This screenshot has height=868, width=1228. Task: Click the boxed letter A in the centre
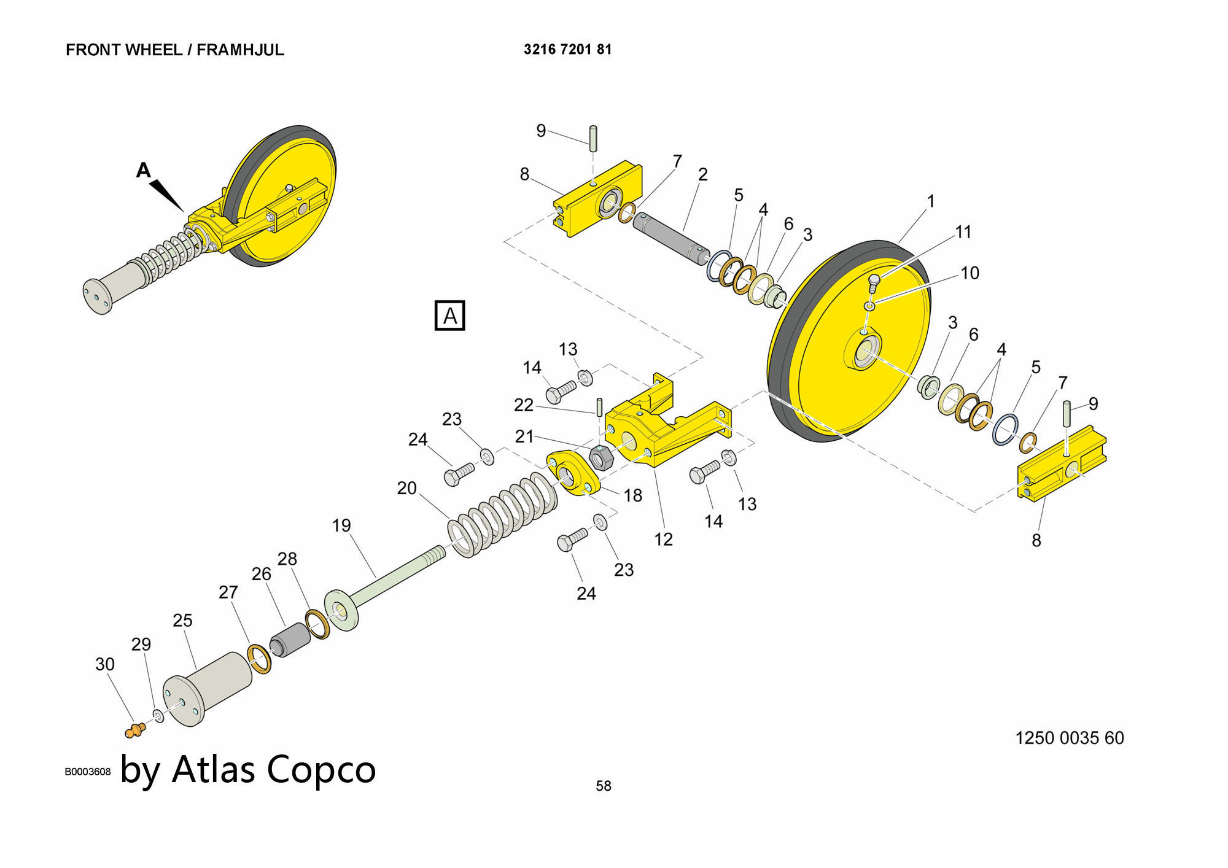pyautogui.click(x=449, y=316)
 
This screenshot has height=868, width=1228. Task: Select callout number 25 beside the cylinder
pyautogui.click(x=182, y=621)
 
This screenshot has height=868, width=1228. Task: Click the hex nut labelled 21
pyautogui.click(x=600, y=457)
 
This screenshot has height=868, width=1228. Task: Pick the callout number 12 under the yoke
pyautogui.click(x=663, y=539)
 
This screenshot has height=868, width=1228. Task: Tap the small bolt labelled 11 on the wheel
pyautogui.click(x=874, y=284)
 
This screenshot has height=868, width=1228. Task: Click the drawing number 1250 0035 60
pyautogui.click(x=1069, y=738)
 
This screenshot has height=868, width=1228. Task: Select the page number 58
pyautogui.click(x=603, y=786)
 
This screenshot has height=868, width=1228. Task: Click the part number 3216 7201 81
pyautogui.click(x=567, y=49)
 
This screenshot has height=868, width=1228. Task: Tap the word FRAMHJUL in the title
pyautogui.click(x=240, y=50)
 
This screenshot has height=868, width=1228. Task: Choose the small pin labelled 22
pyautogui.click(x=599, y=406)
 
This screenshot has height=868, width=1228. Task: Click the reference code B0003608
pyautogui.click(x=87, y=772)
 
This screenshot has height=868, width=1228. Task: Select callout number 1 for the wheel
pyautogui.click(x=930, y=201)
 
